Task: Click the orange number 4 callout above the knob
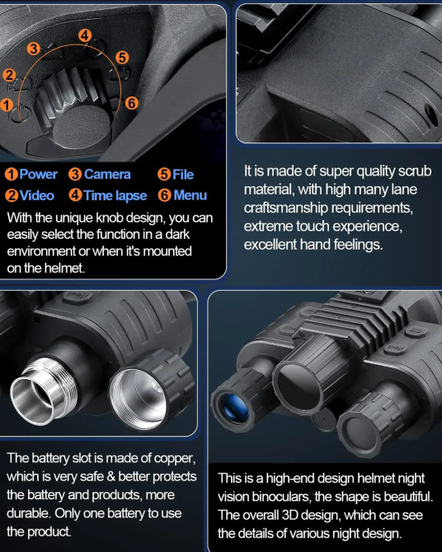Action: (x=85, y=35)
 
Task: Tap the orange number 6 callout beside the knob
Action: (x=131, y=103)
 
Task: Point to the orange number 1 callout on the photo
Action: (x=7, y=105)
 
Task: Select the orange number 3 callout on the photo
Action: (x=34, y=49)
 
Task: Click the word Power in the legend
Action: (x=38, y=175)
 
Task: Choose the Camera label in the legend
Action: (x=107, y=175)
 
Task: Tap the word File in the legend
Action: (x=183, y=175)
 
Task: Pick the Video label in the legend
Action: (x=36, y=196)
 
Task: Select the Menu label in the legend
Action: (x=190, y=196)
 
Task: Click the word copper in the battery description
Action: (x=172, y=458)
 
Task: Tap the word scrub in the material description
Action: (x=413, y=171)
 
